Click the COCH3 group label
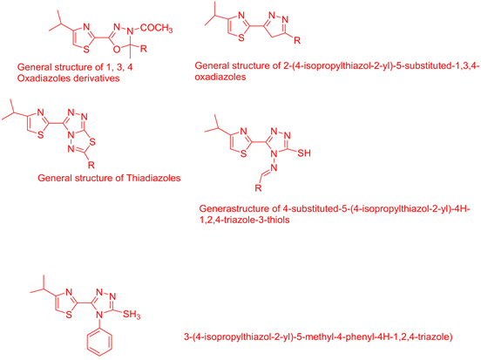click(157, 29)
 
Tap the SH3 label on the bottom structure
click(132, 315)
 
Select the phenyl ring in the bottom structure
click(99, 343)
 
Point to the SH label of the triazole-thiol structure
click(304, 153)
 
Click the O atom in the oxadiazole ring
click(117, 49)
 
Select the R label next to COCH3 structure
click(144, 49)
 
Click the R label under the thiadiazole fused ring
click(91, 165)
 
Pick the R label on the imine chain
click(258, 187)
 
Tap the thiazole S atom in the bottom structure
click(69, 314)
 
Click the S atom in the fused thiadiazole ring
click(92, 142)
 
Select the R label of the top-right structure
click(297, 40)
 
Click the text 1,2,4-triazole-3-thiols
click(245, 220)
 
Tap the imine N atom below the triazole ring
click(274, 167)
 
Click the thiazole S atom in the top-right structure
click(241, 37)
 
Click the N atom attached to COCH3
click(131, 31)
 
